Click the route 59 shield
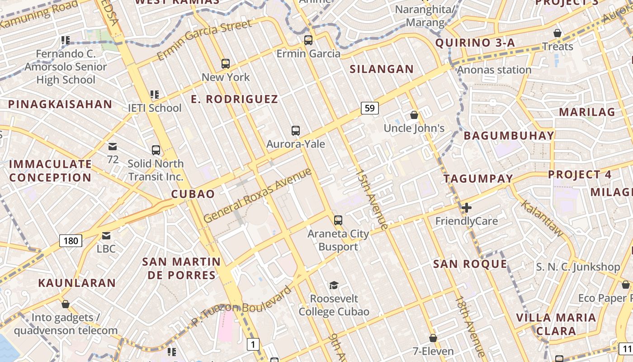point(370,108)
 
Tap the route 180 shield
point(71,240)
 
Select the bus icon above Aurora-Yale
point(296,131)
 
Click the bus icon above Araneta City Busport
point(338,220)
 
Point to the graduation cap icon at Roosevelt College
point(334,285)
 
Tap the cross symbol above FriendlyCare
point(467,208)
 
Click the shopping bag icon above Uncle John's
point(414,115)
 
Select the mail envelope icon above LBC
point(106,235)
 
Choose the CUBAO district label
point(193,194)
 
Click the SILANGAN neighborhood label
point(382,69)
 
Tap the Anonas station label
point(494,70)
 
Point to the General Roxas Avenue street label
point(258,195)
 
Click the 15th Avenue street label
point(372,200)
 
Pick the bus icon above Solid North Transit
point(156,150)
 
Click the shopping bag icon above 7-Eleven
point(433,338)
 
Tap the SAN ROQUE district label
point(470,264)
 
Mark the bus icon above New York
point(226,64)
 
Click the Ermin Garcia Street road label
point(204,40)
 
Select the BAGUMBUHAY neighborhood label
point(509,136)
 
